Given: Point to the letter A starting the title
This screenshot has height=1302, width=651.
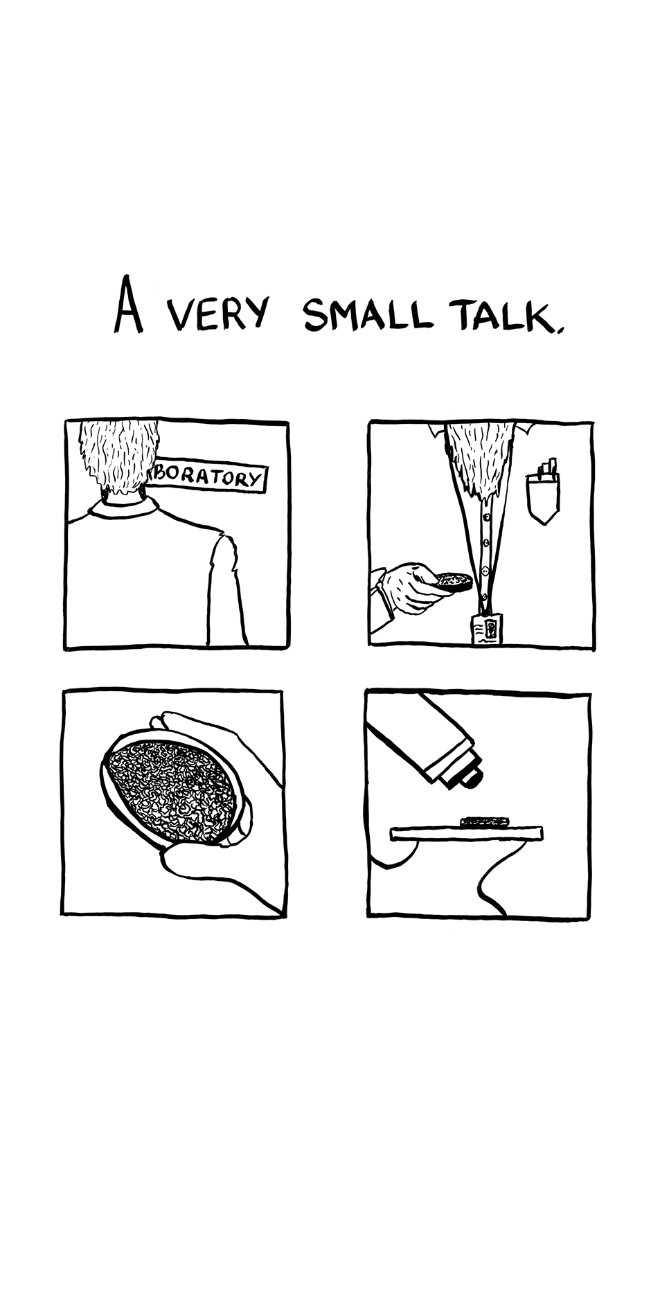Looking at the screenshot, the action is pos(129,305).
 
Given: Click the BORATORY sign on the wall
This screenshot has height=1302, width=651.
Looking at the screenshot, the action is pos(206,476).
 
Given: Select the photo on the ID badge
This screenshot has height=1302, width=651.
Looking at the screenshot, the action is pos(490,629).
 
